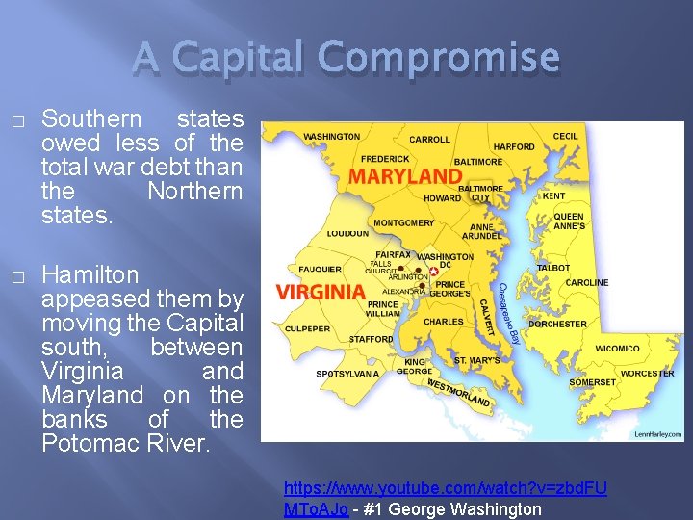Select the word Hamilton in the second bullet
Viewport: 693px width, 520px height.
pos(91,274)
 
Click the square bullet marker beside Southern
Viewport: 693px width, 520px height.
pos(16,120)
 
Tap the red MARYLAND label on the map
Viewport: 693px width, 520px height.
pos(405,176)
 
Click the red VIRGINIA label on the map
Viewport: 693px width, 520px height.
pos(321,291)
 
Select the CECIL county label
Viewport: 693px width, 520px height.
pos(566,136)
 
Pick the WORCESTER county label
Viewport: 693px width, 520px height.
pos(647,373)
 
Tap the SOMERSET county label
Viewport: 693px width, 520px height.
pos(592,382)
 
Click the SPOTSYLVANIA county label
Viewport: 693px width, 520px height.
pos(346,373)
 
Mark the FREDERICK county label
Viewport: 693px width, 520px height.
pos(384,159)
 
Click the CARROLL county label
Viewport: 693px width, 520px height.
pos(429,140)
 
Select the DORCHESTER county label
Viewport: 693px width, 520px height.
pos(557,324)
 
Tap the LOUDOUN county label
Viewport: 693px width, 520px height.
pos(347,233)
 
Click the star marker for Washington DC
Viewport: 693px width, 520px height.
pos(433,271)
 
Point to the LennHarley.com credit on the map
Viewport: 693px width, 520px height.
pos(656,434)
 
